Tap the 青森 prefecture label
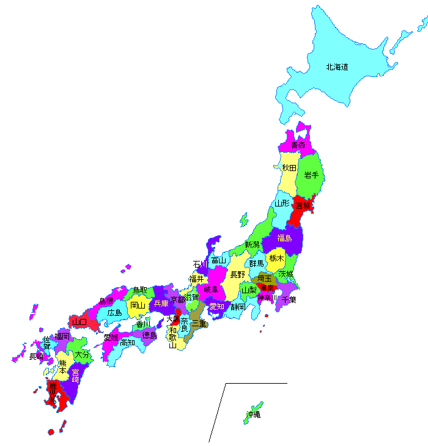[298, 145]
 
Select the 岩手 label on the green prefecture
[311, 175]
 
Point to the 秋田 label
[289, 167]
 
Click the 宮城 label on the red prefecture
[303, 205]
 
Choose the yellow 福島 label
[285, 238]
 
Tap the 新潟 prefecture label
[252, 244]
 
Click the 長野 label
[237, 274]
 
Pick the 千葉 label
[289, 299]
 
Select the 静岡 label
[238, 307]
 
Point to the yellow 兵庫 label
[161, 303]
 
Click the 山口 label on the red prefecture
[78, 321]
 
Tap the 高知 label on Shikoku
[127, 343]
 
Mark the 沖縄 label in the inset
[253, 415]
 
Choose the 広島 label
[114, 312]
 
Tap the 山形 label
[282, 203]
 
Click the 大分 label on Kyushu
[81, 354]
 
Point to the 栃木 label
[276, 258]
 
